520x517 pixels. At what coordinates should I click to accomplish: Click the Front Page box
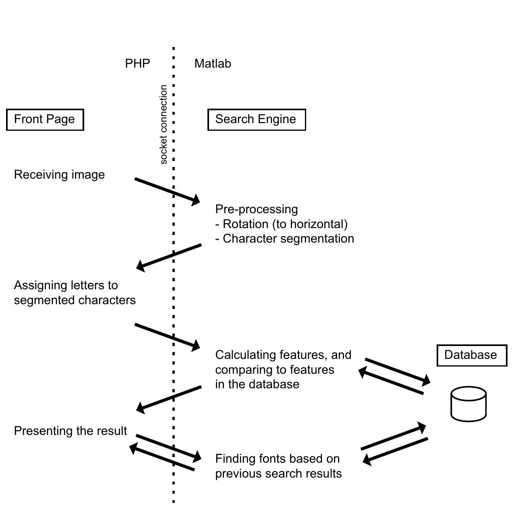(45, 119)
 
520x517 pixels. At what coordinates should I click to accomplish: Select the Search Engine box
(256, 119)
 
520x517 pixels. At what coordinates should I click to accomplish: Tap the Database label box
(471, 355)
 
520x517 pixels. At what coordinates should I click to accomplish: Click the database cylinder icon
(468, 404)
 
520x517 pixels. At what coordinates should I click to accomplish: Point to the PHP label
(137, 64)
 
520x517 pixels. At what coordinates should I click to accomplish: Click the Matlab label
(212, 64)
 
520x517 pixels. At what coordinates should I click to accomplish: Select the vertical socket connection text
(163, 124)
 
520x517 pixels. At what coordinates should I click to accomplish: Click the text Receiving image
(59, 175)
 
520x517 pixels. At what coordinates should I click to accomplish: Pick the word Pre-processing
(257, 209)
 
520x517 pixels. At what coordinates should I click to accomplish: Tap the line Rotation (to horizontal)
(281, 224)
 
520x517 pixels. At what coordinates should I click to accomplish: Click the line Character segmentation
(285, 239)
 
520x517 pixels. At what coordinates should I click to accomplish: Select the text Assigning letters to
(66, 285)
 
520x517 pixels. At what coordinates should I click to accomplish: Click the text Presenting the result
(70, 431)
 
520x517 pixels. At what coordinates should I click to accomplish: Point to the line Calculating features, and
(283, 355)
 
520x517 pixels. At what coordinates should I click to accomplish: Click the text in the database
(257, 384)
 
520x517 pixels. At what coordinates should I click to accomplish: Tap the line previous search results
(278, 474)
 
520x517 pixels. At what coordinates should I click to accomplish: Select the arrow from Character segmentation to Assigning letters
(169, 256)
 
